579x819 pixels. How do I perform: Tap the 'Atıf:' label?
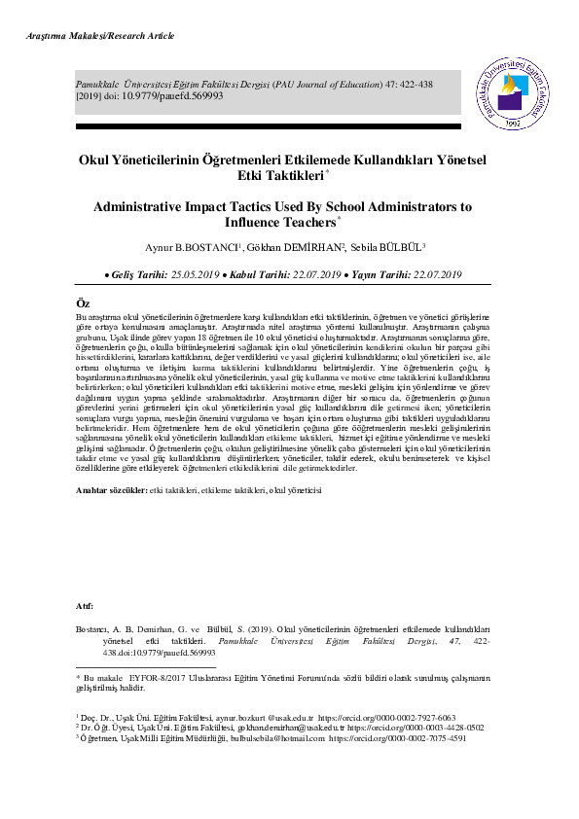point(86,606)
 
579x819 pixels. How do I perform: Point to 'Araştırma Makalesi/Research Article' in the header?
point(92,36)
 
